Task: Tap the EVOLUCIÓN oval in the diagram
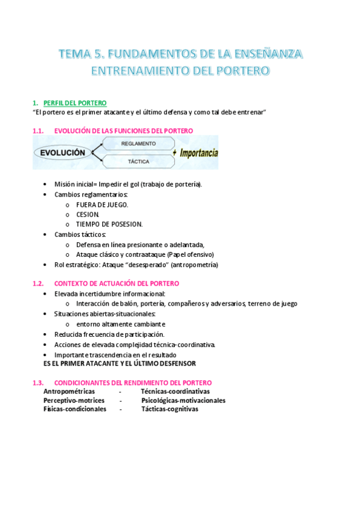63,153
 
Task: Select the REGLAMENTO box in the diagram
138,144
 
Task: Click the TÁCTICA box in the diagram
138,162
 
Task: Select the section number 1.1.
38,131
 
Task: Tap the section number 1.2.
38,283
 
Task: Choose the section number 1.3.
38,382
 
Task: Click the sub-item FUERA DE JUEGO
102,204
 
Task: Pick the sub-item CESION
88,214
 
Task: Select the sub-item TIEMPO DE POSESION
109,224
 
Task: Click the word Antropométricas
69,392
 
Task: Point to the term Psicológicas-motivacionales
183,400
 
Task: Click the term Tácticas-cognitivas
169,409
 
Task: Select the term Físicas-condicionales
75,409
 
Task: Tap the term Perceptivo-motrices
74,400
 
